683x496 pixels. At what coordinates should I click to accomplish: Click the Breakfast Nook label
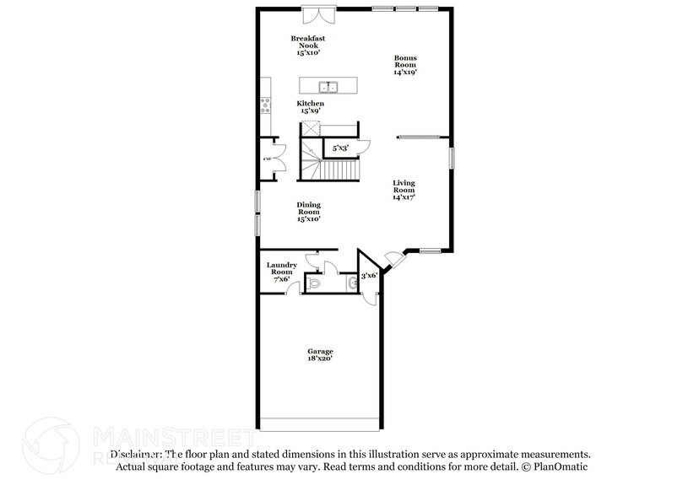(307, 46)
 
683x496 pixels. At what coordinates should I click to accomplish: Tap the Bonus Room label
(405, 65)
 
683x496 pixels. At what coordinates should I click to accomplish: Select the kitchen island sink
(328, 86)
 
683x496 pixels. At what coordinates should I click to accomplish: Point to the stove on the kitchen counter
(266, 105)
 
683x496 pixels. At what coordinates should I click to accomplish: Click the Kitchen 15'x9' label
(310, 107)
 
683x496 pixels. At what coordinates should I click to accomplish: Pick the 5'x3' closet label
(340, 148)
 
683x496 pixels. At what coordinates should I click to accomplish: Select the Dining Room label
(308, 212)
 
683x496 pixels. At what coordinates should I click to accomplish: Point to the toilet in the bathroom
(314, 284)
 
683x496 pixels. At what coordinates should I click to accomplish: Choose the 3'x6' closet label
(369, 276)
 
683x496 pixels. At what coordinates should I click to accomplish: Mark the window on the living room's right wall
(453, 159)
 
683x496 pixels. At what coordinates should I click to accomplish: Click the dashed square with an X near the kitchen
(311, 128)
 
